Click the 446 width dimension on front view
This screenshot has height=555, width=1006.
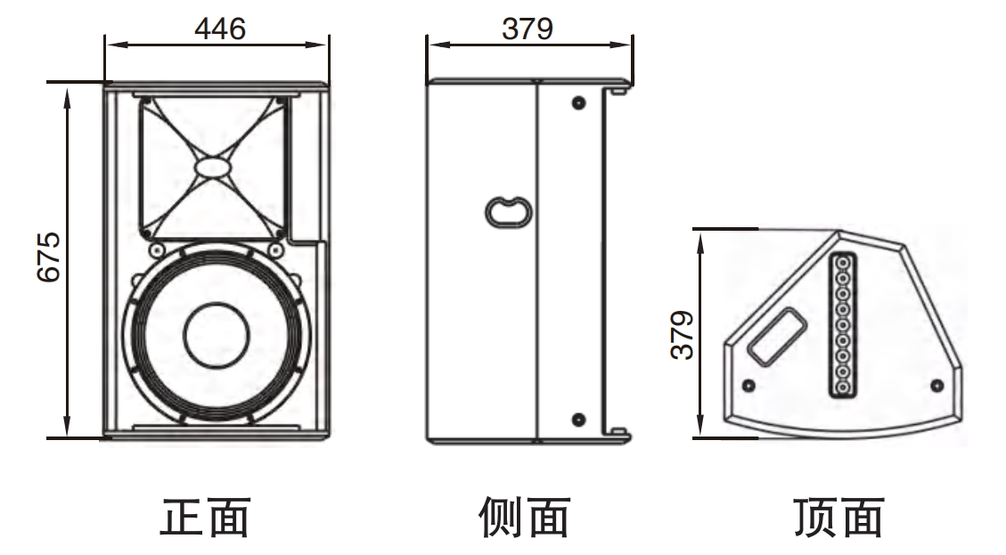pyautogui.click(x=219, y=29)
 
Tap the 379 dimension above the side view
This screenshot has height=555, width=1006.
pyautogui.click(x=527, y=29)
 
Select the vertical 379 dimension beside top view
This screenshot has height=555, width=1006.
pyautogui.click(x=682, y=334)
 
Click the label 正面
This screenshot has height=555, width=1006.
pyautogui.click(x=204, y=518)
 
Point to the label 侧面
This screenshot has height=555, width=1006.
pyautogui.click(x=523, y=518)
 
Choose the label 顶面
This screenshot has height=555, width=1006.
pyautogui.click(x=838, y=518)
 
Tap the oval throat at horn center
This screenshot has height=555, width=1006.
pyautogui.click(x=213, y=167)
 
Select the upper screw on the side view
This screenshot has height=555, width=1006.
pyautogui.click(x=578, y=102)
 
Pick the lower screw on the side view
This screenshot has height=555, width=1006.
pyautogui.click(x=578, y=419)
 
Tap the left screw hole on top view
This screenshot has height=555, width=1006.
pyautogui.click(x=748, y=385)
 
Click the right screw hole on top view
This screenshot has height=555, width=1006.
pyautogui.click(x=936, y=385)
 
